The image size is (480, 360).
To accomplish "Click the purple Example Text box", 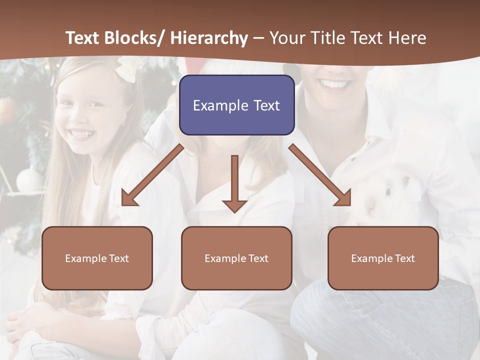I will point(236,105).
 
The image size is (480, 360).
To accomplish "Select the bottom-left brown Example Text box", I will point(97,258).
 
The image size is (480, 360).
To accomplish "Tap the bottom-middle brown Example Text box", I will point(236,258).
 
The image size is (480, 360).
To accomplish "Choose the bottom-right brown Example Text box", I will point(383,258).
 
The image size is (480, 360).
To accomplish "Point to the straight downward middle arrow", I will point(234,183).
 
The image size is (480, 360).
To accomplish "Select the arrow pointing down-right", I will point(320,175).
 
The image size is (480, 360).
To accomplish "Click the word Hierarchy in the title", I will point(208,38).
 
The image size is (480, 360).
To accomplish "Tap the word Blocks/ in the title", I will point(134,38).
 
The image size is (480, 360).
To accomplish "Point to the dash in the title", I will point(258,39).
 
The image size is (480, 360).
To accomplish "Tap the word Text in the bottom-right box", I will point(404,258).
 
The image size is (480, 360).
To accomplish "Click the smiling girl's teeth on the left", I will point(81,134).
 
